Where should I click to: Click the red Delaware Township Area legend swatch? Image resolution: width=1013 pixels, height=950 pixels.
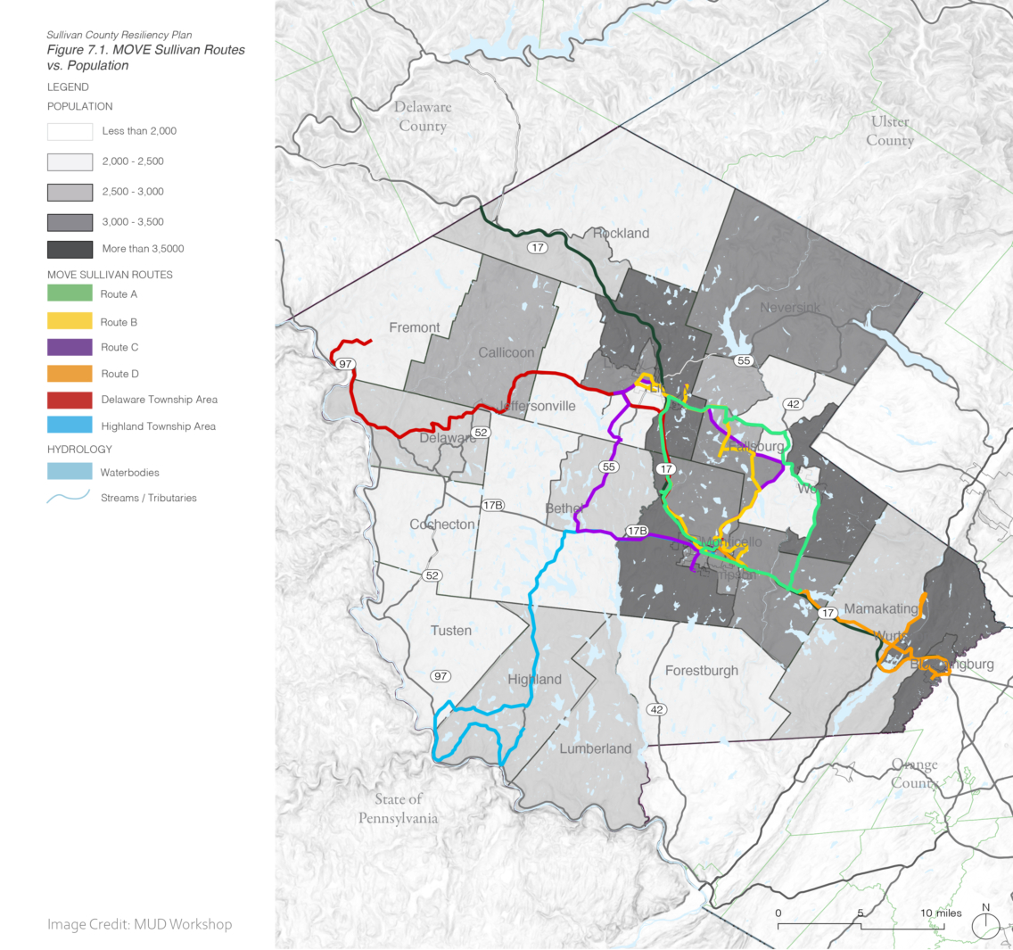pos(70,400)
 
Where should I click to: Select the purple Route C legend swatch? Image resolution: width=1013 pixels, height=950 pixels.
pos(70,347)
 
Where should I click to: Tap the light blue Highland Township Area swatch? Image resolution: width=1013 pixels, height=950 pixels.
pos(70,426)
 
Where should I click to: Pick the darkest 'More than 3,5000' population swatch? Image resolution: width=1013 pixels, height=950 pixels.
pos(70,249)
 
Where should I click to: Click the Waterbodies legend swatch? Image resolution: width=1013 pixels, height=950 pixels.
pos(70,472)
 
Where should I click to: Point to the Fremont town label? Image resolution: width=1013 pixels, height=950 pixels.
pos(415,327)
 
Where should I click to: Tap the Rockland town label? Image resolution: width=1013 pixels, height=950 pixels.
pos(621,233)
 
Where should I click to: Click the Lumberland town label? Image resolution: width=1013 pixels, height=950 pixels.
pos(595,748)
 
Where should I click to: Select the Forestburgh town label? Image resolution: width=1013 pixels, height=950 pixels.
pos(702,670)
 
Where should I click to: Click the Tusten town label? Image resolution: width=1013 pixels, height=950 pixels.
pos(450,630)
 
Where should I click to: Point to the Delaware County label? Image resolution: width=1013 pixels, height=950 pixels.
pos(423,116)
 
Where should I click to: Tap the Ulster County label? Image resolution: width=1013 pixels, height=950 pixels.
pos(890,130)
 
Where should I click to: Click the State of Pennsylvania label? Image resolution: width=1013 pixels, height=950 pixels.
pos(398,808)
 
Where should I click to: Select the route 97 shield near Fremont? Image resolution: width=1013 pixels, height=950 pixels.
pos(345,364)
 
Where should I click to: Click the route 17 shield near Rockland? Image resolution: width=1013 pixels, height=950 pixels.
pos(537,247)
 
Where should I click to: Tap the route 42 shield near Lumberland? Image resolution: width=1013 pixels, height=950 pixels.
pos(656,709)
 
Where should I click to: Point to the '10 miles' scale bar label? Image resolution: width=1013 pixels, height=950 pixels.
pos(941,913)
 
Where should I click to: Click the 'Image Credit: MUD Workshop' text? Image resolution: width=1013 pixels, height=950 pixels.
pos(139,924)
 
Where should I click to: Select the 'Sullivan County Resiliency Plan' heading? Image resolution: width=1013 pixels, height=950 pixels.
pos(119,35)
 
